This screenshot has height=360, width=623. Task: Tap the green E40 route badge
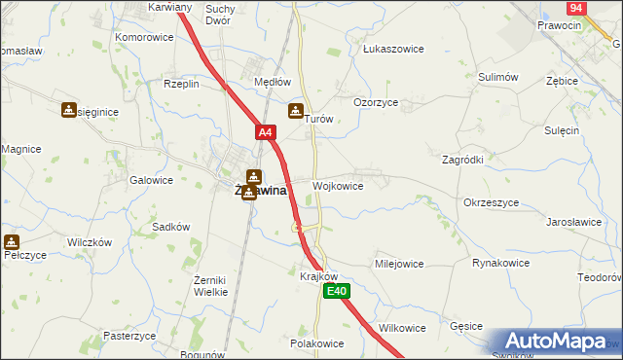[x=336, y=291]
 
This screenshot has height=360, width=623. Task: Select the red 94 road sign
[x=578, y=8]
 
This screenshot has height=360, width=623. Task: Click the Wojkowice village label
[x=338, y=186]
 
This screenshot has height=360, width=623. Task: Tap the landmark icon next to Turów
[x=296, y=111]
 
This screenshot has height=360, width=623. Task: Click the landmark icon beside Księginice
[x=69, y=111]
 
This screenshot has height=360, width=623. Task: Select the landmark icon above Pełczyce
[x=11, y=242]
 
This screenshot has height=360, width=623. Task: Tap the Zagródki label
[x=463, y=158]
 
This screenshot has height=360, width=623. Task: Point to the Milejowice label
[x=399, y=264]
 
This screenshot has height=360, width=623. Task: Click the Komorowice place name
[x=144, y=37]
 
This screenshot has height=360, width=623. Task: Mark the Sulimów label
[x=497, y=76]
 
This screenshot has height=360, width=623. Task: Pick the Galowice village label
[x=151, y=180]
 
